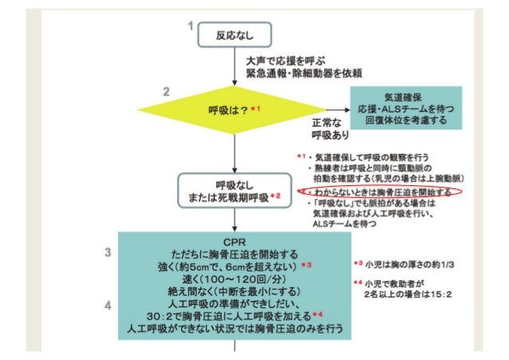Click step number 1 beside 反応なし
pyautogui.click(x=190, y=27)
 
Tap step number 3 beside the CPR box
pyautogui.click(x=108, y=254)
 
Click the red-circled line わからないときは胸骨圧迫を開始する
pyautogui.click(x=381, y=192)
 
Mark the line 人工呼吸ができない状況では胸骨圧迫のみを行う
pyautogui.click(x=234, y=328)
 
